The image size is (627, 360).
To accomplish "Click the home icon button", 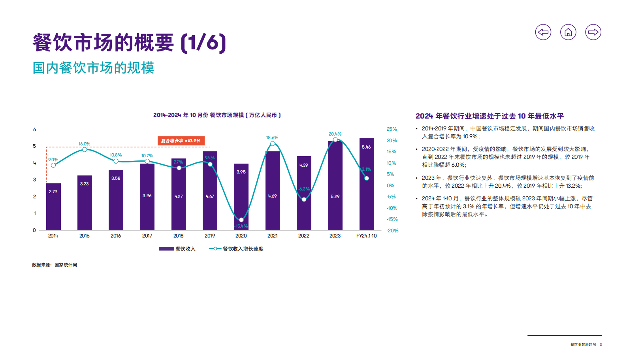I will tap(568, 32).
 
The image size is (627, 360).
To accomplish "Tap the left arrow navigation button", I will tap(543, 32).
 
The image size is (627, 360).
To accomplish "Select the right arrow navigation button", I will tap(593, 32).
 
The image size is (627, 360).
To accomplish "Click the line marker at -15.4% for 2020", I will tap(241, 220).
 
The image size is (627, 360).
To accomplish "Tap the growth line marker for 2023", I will tap(335, 140).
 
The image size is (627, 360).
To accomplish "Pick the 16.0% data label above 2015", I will tap(84, 144).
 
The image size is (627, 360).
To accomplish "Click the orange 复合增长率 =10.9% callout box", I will tap(181, 141).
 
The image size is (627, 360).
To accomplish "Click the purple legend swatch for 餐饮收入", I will tap(166, 249).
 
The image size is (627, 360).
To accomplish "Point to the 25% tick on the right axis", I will tap(392, 129).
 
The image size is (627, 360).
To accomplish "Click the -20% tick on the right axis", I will tap(392, 231).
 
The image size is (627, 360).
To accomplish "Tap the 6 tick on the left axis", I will tap(34, 130).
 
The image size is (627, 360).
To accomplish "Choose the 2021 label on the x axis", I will tap(272, 236).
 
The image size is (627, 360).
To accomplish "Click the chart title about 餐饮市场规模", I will tap(217, 115).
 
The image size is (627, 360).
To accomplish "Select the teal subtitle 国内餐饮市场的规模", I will tap(93, 68).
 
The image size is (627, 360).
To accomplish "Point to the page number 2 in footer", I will tap(601, 345).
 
